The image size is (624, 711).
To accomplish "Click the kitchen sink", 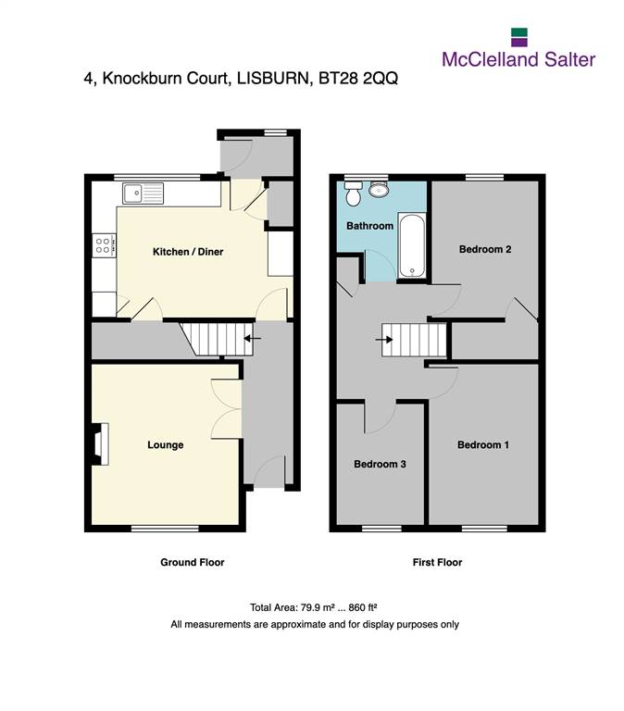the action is click(x=143, y=193).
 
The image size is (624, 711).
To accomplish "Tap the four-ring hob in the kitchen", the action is click(x=104, y=245).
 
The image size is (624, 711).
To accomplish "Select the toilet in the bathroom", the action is click(x=353, y=193).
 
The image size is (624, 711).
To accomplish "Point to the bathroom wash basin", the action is click(x=379, y=190).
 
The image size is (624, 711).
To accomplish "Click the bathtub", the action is click(x=412, y=245).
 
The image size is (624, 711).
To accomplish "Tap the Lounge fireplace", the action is click(x=101, y=444).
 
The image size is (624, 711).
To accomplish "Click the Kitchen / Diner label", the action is click(x=188, y=252).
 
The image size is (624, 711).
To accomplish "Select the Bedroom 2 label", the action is click(x=485, y=249).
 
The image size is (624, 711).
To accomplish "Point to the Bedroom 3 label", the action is click(x=380, y=464).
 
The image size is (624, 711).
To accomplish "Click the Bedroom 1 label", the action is click(x=483, y=444).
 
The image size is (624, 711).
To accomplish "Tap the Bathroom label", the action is click(x=369, y=226).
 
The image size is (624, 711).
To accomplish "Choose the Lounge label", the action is click(x=165, y=444).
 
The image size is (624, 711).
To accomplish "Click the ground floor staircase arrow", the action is click(x=253, y=338).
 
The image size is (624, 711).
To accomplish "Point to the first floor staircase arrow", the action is click(x=384, y=339).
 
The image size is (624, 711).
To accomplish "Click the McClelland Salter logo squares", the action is click(x=519, y=37).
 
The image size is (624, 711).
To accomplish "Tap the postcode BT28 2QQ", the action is click(x=358, y=78).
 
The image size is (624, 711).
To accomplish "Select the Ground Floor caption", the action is click(x=193, y=562).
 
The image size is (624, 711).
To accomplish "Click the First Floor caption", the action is click(x=437, y=562).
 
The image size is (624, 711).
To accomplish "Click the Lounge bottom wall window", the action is click(x=165, y=529).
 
